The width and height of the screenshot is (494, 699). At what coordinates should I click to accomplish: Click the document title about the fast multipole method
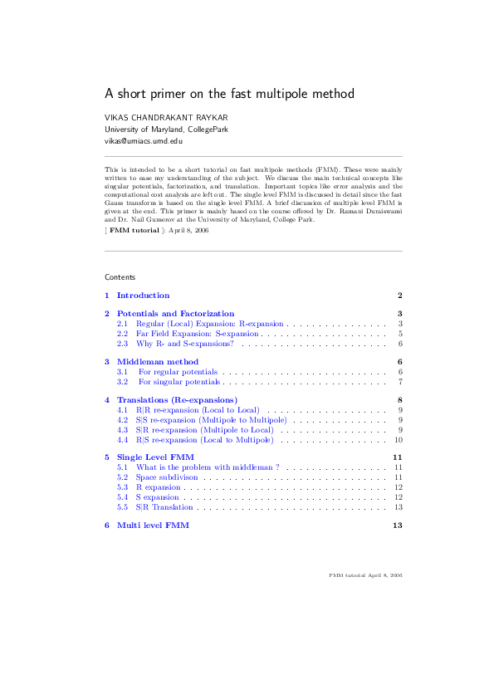click(229, 94)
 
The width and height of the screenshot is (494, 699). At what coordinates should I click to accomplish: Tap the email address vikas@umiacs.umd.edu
click(143, 142)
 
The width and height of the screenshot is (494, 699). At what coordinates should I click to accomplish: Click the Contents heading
click(120, 276)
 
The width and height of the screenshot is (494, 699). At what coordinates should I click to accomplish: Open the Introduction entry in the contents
click(143, 296)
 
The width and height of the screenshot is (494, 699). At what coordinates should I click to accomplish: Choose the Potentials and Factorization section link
click(175, 313)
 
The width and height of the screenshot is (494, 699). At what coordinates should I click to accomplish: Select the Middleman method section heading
click(157, 362)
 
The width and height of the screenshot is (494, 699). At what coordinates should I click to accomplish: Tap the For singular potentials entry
click(179, 382)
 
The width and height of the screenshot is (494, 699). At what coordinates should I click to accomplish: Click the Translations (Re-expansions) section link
click(177, 400)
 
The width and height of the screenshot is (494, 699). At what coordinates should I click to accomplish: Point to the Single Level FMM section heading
click(155, 457)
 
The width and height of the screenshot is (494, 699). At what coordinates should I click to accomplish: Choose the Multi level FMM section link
click(153, 525)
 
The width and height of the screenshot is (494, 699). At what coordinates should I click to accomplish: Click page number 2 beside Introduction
click(399, 296)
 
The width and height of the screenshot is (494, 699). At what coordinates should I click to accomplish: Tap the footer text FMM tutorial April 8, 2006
click(365, 574)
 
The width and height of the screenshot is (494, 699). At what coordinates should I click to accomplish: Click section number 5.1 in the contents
click(121, 467)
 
